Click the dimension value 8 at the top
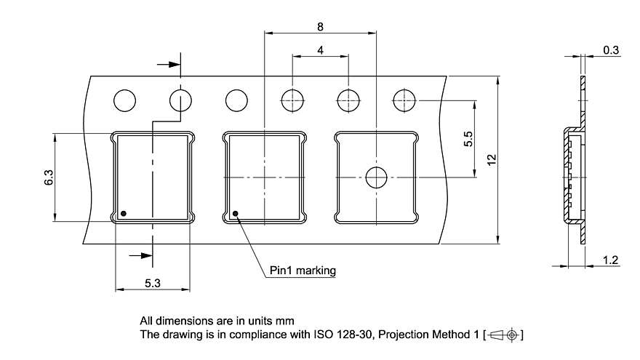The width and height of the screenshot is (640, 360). [x=320, y=26]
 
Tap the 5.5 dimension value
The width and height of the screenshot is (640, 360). [x=468, y=138]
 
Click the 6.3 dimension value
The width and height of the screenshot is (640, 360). [x=48, y=177]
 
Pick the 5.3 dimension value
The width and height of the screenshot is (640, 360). [x=152, y=283]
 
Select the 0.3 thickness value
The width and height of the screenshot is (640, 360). [x=611, y=50]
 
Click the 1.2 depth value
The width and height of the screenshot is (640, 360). [x=611, y=260]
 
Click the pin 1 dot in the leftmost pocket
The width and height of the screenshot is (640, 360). [x=124, y=213]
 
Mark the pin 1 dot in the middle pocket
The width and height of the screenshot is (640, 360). [x=236, y=213]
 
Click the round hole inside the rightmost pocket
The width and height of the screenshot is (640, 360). [x=376, y=177]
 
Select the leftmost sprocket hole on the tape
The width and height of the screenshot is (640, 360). [x=124, y=100]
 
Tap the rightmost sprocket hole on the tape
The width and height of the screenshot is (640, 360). [x=404, y=100]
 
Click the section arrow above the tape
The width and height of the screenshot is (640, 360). [x=169, y=64]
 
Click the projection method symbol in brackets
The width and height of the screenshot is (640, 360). [x=504, y=335]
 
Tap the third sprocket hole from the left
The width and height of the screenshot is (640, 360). [x=236, y=100]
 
